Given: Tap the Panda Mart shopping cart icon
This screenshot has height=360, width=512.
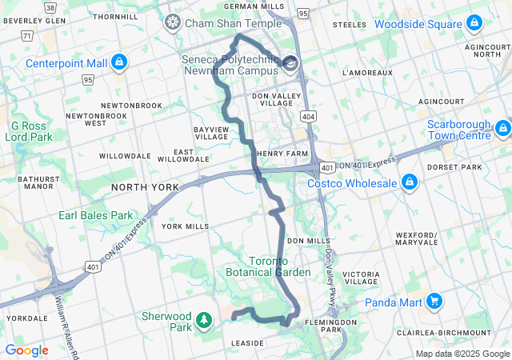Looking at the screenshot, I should pos(434,302).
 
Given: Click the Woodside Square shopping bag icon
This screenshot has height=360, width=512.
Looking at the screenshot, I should pos(474,25).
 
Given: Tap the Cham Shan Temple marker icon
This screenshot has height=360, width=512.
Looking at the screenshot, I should pos(171,23).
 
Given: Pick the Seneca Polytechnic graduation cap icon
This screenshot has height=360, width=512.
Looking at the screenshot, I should pos(290,63).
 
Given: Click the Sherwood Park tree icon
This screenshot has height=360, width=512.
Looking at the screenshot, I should pos(205,321).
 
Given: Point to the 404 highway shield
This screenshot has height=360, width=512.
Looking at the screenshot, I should pos(309,117).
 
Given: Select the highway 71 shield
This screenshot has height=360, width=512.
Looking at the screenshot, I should pos(26,36).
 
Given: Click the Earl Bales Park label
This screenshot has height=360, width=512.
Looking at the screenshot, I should pos(95,215).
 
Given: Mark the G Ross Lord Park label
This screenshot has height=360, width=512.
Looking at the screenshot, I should pos(30,131).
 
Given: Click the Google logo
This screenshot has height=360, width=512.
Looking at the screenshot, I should pos(26,350).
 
